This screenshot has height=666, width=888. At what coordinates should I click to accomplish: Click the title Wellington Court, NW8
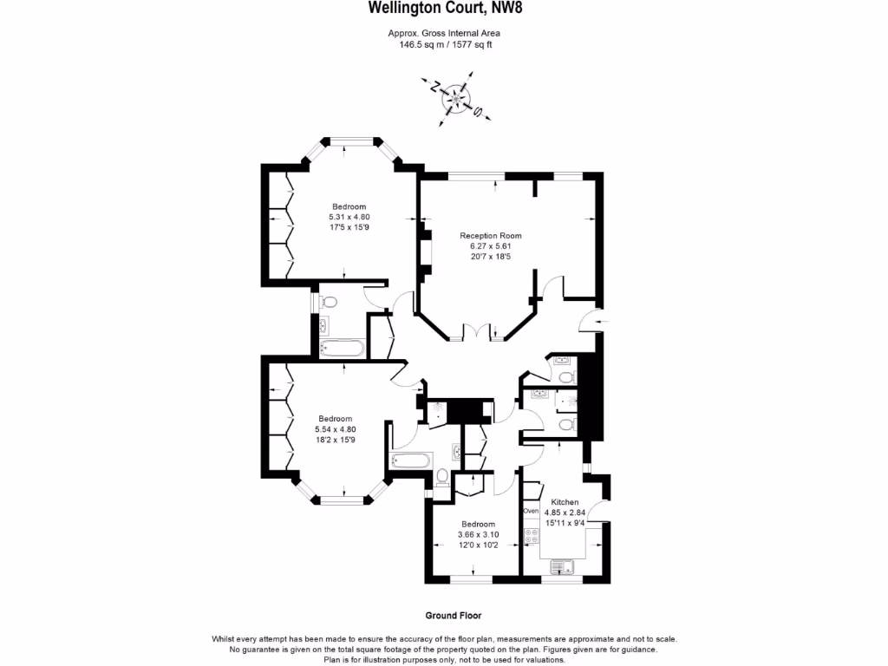click(445, 8)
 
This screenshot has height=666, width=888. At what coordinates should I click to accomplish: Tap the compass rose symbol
click(456, 98)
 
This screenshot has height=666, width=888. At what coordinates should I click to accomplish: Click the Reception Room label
click(491, 235)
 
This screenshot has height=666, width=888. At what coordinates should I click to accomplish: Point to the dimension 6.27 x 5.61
click(491, 245)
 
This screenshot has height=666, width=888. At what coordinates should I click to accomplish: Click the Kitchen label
click(565, 502)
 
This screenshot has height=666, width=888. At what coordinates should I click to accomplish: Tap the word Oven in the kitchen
click(531, 512)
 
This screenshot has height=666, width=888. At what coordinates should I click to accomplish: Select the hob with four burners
click(531, 536)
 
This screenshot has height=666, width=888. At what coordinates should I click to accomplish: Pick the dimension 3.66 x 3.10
click(478, 535)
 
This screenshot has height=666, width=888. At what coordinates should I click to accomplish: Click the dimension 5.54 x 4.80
click(335, 428)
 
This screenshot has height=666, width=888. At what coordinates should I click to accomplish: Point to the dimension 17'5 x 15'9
click(349, 226)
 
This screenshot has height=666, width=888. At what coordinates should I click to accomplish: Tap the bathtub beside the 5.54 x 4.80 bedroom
click(411, 460)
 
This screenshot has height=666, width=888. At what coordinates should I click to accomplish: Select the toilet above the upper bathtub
click(328, 302)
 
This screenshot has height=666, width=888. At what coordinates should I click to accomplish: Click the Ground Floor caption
click(453, 616)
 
